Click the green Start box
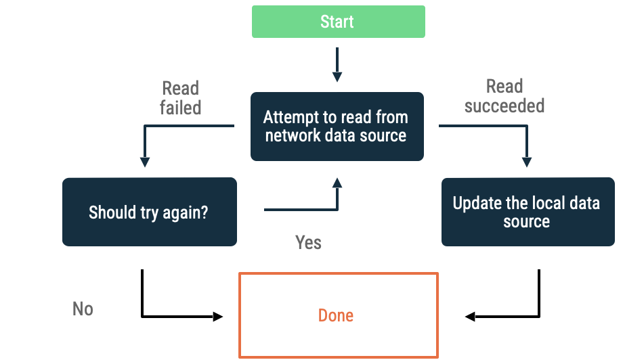(338, 22)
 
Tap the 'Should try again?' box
(149, 212)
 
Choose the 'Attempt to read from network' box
(337, 127)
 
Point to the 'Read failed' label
(180, 98)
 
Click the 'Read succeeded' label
(504, 96)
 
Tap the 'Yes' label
(308, 242)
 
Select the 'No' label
(83, 309)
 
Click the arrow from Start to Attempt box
(337, 66)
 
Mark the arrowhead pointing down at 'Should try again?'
(145, 162)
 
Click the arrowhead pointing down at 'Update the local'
(526, 162)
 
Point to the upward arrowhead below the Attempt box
(337, 183)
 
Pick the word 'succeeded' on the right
(504, 106)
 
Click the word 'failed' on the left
(180, 108)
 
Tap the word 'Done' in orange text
(336, 315)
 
